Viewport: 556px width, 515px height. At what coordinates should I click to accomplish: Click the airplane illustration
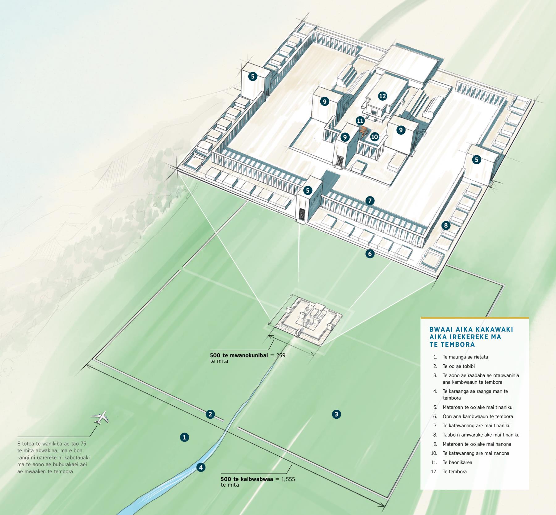coord(100,418)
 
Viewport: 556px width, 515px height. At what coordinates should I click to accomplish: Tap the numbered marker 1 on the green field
coord(184,437)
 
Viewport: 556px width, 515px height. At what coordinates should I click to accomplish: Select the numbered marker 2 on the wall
coord(210,414)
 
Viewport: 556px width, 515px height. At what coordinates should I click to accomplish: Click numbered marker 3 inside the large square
coord(336,414)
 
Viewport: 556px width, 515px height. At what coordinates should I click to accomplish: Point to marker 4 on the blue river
coord(201,467)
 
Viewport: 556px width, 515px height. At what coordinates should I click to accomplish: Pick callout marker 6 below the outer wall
coord(370,254)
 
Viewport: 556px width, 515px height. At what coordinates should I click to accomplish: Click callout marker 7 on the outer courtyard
coord(370,201)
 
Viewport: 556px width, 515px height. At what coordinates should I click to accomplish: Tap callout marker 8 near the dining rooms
coord(446,225)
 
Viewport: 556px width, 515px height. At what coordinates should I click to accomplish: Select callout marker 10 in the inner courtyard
coord(375,136)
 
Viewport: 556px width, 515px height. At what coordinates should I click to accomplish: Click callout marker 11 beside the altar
coord(360,120)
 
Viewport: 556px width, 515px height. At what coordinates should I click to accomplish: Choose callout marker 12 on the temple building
coord(382,96)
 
